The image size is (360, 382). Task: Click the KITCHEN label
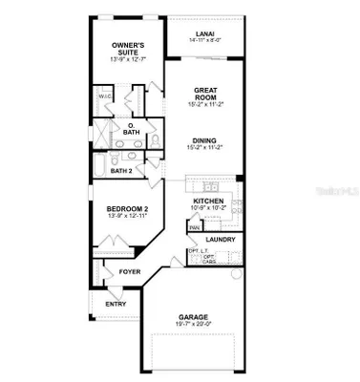tap(207, 201)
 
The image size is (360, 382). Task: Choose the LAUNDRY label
tap(221, 239)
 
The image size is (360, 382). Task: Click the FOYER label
tap(130, 271)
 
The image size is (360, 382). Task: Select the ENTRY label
tap(116, 304)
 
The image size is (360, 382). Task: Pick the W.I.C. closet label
tap(104, 95)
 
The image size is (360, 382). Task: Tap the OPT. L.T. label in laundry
tap(197, 251)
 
